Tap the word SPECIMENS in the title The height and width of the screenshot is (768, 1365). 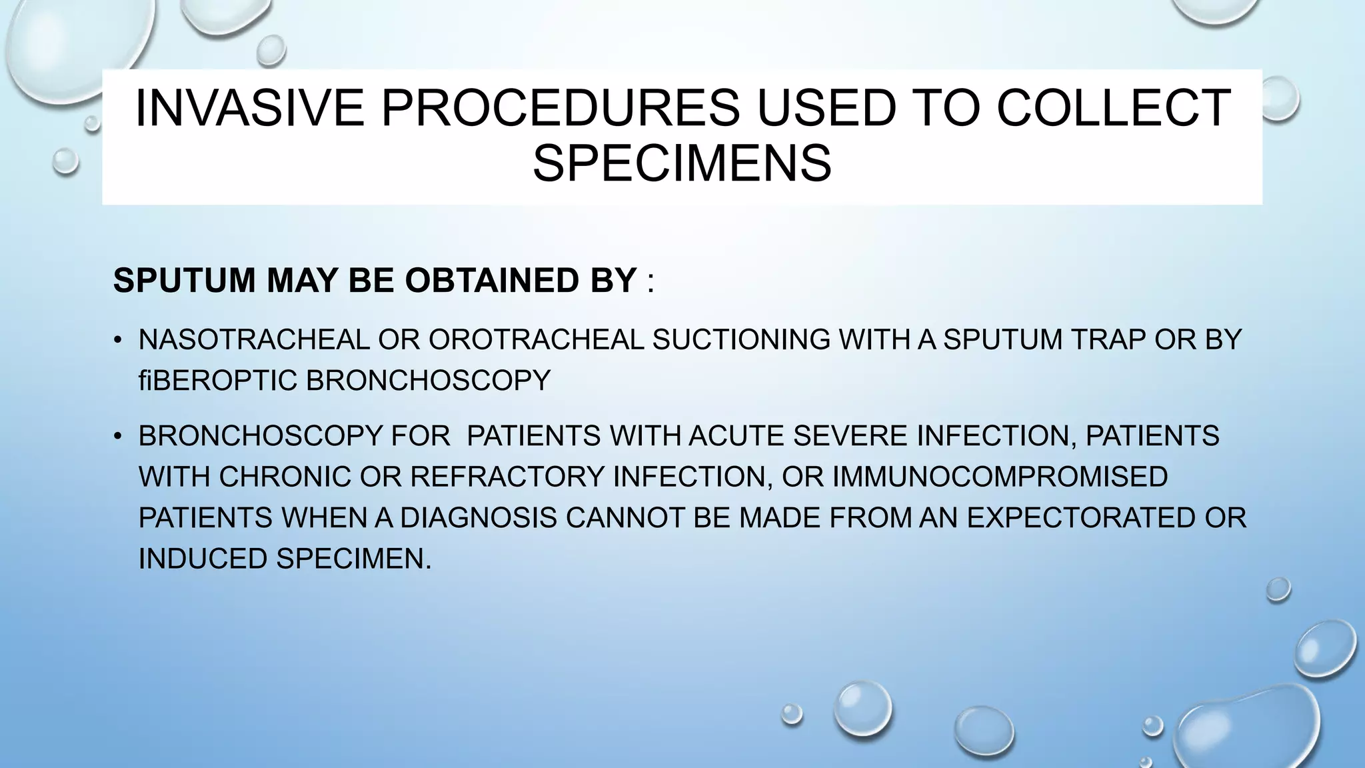coord(682,164)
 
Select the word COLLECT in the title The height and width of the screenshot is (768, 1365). coord(1113,108)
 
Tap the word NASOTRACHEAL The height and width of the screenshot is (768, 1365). coord(254,340)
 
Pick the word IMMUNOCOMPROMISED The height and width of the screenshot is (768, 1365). coord(1000,477)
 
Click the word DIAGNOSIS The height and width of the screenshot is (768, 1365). coord(478,518)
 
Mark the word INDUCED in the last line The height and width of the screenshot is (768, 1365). coord(203,559)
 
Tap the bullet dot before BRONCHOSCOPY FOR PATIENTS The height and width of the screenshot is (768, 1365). coord(118,437)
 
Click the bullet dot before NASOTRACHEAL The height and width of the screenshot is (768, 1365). coord(118,341)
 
